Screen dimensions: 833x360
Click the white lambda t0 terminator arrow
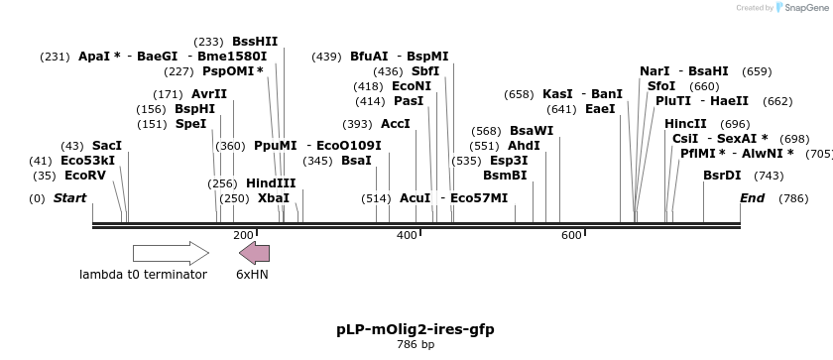(x=171, y=253)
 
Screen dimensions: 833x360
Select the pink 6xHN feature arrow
(x=254, y=253)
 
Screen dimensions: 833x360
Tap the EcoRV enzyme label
(x=83, y=176)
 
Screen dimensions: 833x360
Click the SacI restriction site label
(x=106, y=146)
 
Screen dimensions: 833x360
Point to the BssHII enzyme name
(x=255, y=42)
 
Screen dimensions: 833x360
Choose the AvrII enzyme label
(x=209, y=94)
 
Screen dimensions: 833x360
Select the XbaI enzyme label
(x=273, y=198)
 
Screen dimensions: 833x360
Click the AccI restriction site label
(x=395, y=124)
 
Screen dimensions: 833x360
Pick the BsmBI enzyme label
(x=505, y=176)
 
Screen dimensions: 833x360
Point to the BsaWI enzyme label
(x=532, y=131)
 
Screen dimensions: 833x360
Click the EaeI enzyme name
(x=600, y=109)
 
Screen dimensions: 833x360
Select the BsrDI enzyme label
(x=722, y=176)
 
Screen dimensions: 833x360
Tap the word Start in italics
(x=69, y=198)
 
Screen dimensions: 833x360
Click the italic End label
(x=753, y=198)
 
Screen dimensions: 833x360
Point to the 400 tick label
(x=407, y=235)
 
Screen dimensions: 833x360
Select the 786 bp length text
(x=416, y=345)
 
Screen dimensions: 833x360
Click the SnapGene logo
(x=800, y=8)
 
